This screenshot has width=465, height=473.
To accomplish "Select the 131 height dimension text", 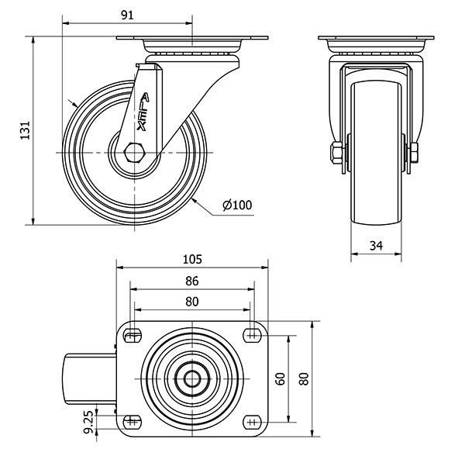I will pos(24,133).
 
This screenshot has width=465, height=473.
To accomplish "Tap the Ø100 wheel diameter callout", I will pos(237,205).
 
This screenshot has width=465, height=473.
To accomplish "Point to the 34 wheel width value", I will pos(377,246).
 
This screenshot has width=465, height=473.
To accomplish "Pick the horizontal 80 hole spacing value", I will pos(192,301).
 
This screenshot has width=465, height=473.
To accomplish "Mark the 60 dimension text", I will pos(281,378).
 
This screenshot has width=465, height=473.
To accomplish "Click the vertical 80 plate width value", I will pos(304,378).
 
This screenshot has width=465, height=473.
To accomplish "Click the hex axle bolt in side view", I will pos(133,151).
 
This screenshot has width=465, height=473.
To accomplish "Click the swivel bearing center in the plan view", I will pos(192,378).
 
